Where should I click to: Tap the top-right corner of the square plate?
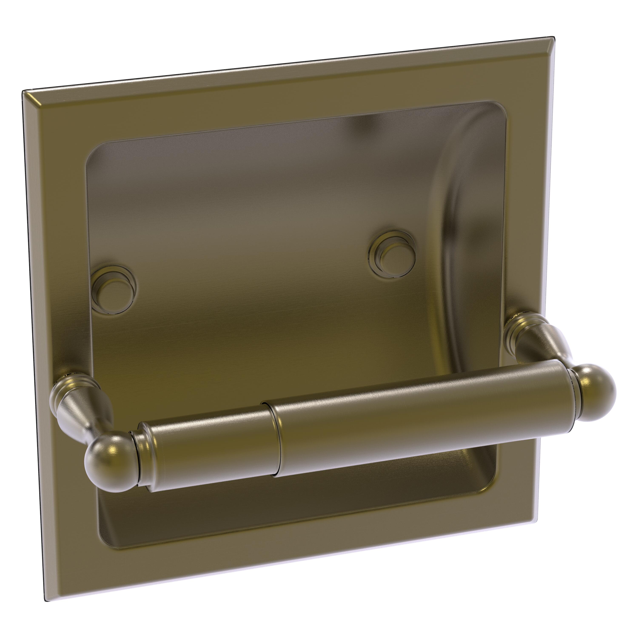point(553,37)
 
